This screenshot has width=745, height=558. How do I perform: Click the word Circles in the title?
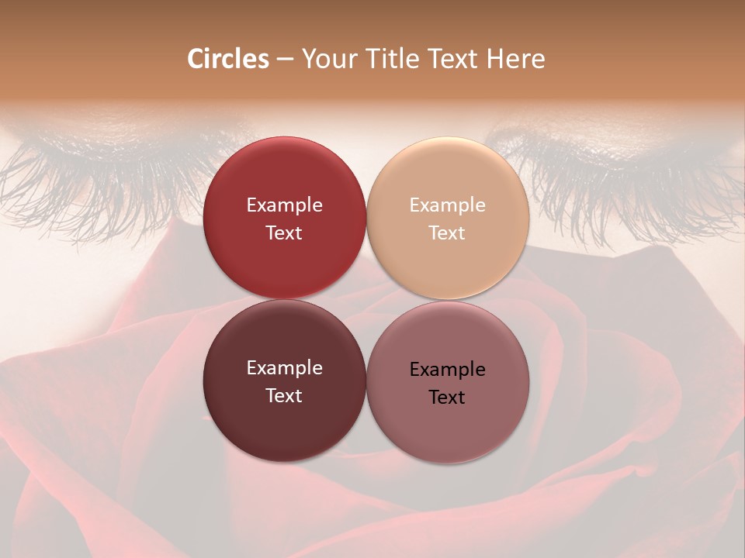pos(228,59)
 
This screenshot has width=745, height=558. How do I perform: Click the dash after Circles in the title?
pos(285,60)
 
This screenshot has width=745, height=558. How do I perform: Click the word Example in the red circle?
pos(284,205)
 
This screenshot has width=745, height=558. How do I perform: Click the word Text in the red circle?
pos(284,233)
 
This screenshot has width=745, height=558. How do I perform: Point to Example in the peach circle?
pos(448,205)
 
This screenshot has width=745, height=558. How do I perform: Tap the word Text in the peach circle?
pos(448,233)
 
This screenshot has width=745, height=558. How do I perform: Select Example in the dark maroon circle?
pos(284,368)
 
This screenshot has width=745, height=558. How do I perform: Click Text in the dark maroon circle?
pos(284,396)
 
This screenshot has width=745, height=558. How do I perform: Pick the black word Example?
pos(448,370)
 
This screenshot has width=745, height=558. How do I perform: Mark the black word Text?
pos(448,398)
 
